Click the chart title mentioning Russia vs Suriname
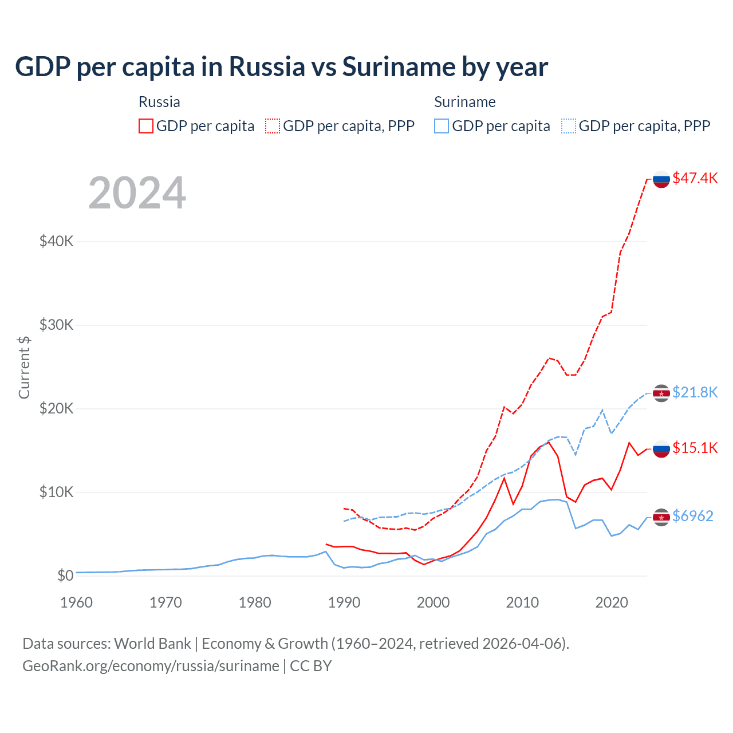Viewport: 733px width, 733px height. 281,66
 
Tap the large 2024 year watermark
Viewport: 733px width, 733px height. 137,193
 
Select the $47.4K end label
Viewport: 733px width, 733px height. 695,178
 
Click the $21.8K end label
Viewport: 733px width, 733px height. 695,392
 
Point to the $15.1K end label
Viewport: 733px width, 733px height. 695,448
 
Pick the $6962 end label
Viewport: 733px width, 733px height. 692,516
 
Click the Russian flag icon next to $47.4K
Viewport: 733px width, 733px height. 661,179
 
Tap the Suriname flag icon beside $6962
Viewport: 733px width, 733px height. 661,517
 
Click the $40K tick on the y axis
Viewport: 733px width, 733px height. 56,241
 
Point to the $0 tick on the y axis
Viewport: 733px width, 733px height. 65,576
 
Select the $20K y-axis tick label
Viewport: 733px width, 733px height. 56,408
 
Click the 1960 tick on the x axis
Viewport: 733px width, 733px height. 76,602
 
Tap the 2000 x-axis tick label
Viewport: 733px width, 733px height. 433,602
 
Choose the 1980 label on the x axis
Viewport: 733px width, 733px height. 255,602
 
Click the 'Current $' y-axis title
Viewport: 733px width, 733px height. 24,367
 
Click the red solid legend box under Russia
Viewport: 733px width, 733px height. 146,126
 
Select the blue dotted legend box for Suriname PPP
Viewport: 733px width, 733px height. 569,126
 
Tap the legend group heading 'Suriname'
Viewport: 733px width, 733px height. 464,102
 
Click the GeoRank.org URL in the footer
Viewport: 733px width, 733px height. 151,666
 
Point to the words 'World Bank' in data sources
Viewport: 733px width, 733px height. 152,644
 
